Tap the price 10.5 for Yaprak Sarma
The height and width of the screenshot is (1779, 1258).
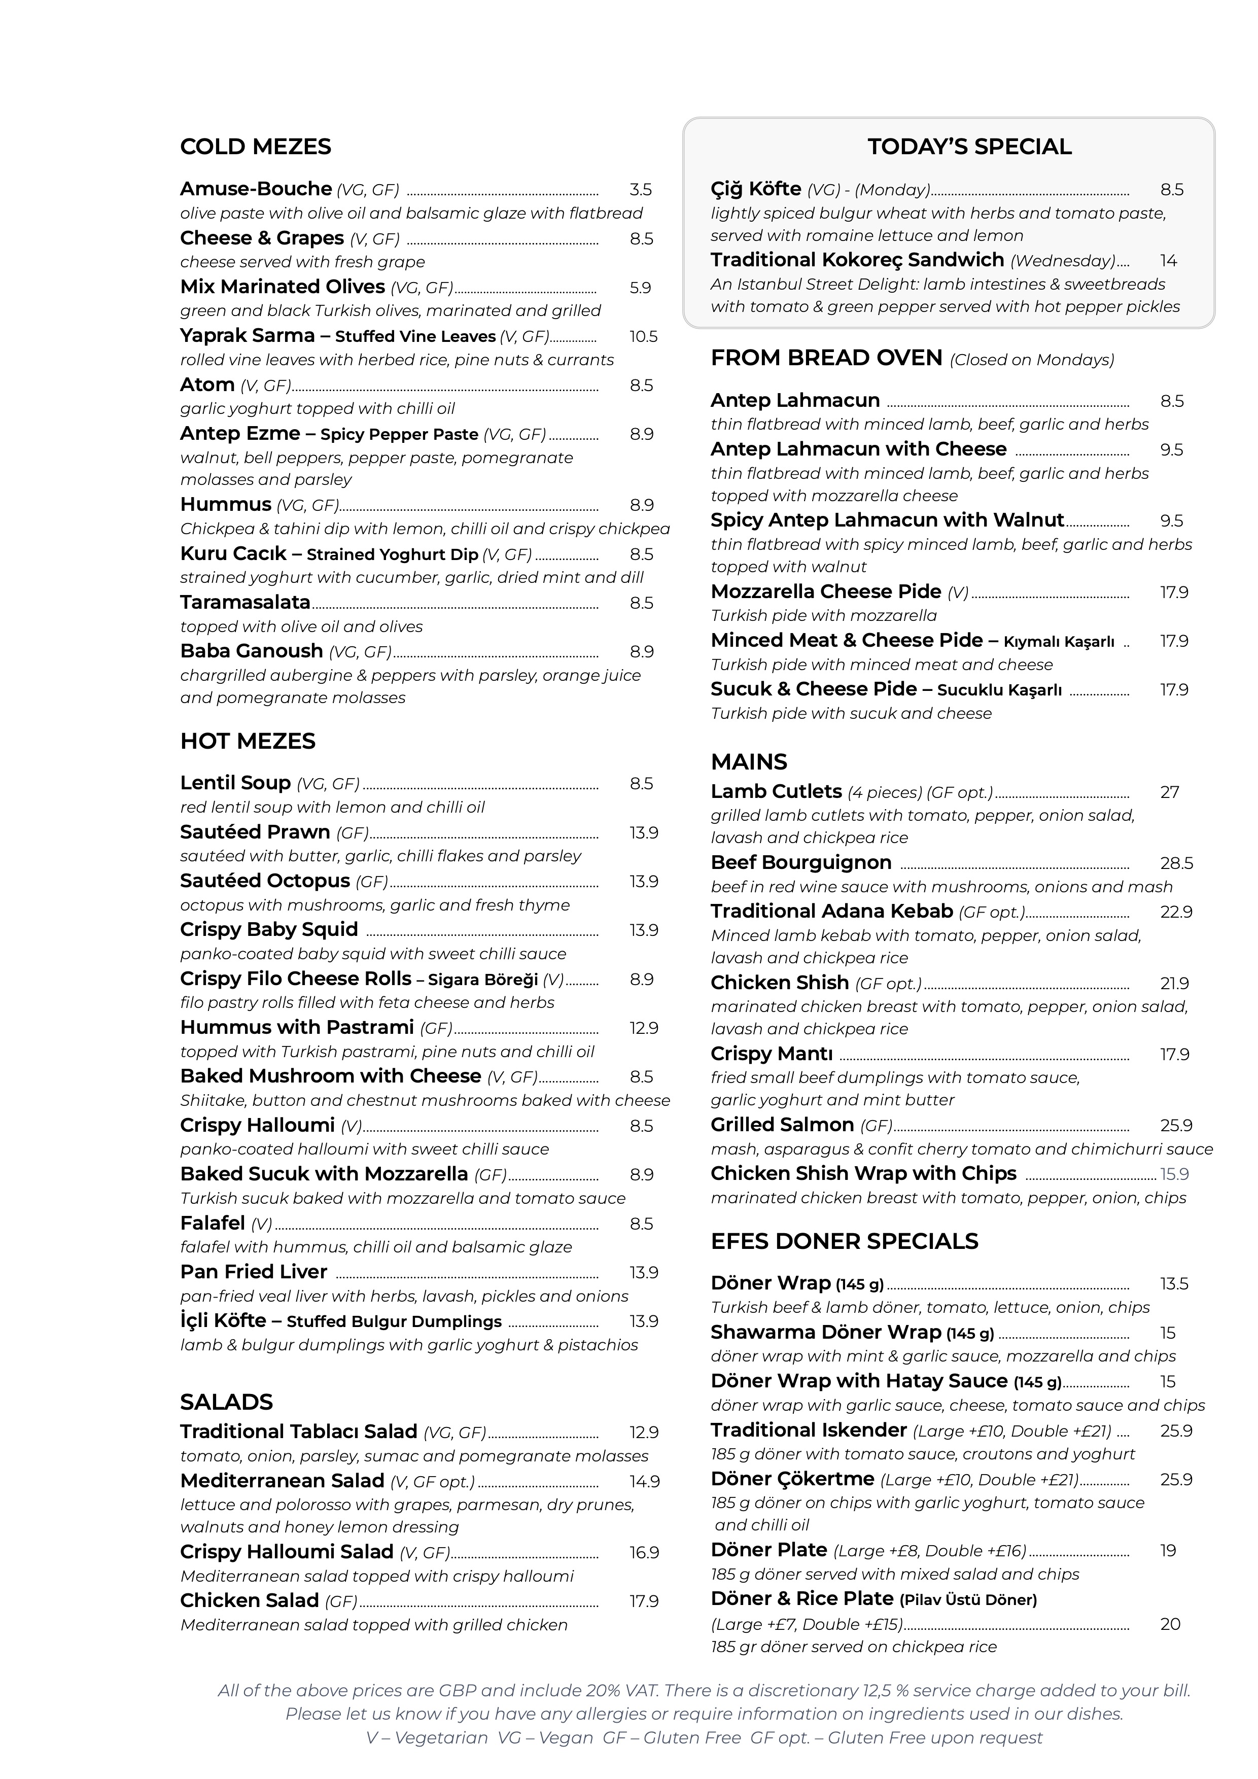[x=643, y=336]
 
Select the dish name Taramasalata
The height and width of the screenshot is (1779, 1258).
[x=245, y=602]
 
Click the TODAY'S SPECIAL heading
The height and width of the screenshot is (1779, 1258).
[x=969, y=147]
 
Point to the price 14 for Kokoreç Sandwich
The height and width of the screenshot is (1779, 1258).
[x=1168, y=260]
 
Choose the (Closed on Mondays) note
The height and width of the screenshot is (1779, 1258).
[x=1032, y=360]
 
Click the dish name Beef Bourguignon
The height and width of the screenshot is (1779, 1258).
[x=801, y=862]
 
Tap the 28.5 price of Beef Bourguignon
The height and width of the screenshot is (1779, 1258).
[x=1176, y=863]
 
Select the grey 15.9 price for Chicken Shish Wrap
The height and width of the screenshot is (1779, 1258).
[x=1174, y=1174]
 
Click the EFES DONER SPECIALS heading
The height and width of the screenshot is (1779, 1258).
[x=845, y=1241]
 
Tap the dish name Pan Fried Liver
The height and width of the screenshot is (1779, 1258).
[x=253, y=1272]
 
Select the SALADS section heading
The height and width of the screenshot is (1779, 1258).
[x=226, y=1402]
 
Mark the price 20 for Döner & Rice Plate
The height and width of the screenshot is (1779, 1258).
[x=1170, y=1623]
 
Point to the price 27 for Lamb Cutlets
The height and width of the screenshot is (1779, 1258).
[x=1169, y=792]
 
